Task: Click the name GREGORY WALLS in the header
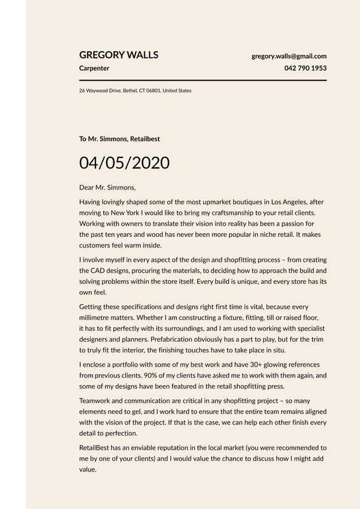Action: (119, 55)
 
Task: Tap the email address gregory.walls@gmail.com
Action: (289, 56)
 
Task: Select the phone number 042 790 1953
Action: (306, 68)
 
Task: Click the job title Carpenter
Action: (94, 68)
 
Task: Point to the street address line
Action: (135, 91)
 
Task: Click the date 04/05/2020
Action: (124, 163)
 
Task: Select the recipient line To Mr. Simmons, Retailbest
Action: (120, 139)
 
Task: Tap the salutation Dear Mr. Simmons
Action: (107, 187)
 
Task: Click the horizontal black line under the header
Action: (203, 80)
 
